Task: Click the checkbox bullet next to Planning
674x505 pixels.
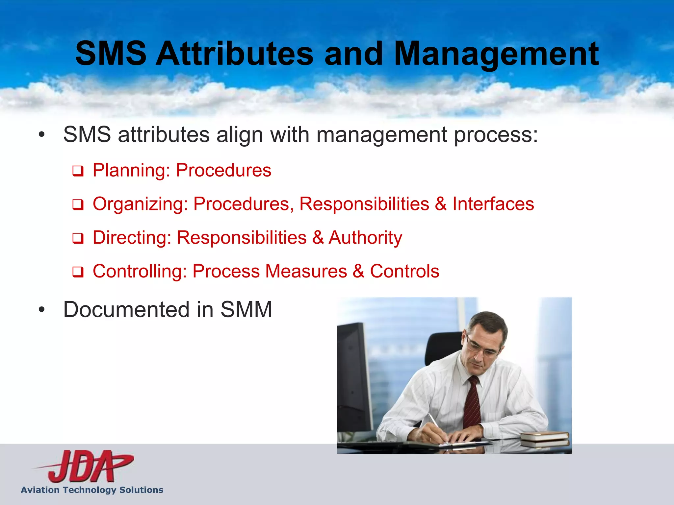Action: pyautogui.click(x=78, y=171)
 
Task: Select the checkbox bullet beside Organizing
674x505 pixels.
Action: pyautogui.click(x=78, y=205)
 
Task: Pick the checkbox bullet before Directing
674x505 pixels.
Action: pyautogui.click(x=78, y=239)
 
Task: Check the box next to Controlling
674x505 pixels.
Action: pyautogui.click(x=78, y=272)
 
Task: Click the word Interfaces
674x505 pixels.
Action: pyautogui.click(x=493, y=204)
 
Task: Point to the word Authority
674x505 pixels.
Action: pyautogui.click(x=365, y=238)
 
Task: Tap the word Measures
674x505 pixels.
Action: pyautogui.click(x=306, y=271)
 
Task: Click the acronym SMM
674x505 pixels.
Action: pyautogui.click(x=246, y=310)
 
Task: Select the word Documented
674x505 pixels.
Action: pyautogui.click(x=126, y=310)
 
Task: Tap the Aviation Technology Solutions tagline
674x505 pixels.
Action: pyautogui.click(x=92, y=490)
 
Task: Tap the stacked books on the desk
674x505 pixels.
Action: pyautogui.click(x=545, y=439)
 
